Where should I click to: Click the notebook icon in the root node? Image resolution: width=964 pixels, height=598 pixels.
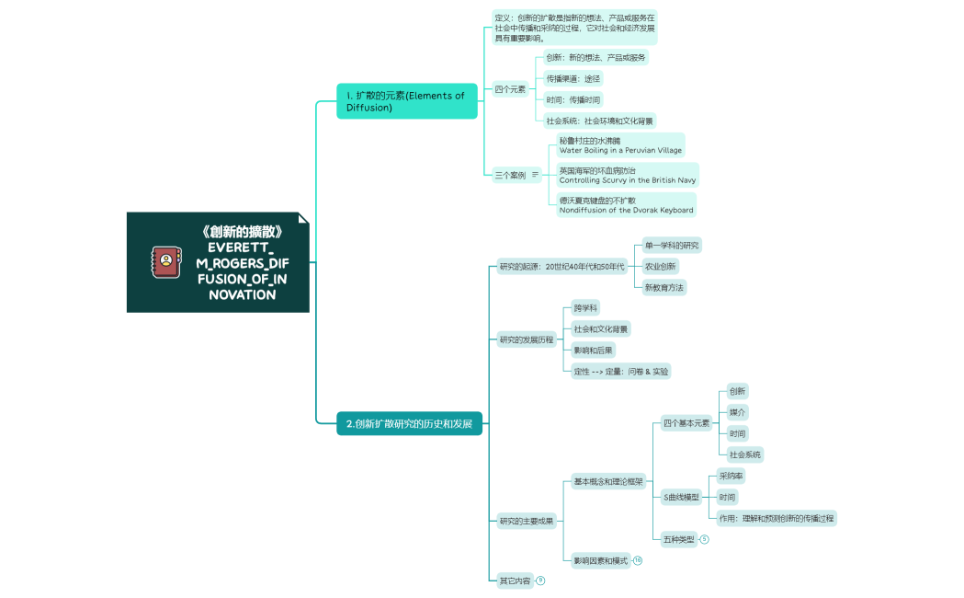pos(165,261)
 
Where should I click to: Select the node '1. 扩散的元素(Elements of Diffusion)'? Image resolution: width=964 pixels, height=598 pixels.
pos(407,101)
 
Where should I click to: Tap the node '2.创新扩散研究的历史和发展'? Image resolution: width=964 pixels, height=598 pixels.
pos(409,424)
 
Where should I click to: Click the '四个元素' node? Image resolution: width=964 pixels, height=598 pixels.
pos(510,89)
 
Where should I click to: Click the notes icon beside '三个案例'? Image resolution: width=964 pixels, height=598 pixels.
pos(536,175)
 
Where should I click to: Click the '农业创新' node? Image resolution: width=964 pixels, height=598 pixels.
pos(660,266)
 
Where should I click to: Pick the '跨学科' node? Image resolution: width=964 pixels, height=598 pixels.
pos(585,308)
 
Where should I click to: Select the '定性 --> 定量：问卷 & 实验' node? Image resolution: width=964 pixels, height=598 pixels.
pos(620,371)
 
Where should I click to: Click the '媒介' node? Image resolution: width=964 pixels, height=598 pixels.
pos(737,412)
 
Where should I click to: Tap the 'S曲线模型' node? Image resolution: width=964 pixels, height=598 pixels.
pos(681,498)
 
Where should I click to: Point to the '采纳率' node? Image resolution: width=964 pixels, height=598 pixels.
pos(732,477)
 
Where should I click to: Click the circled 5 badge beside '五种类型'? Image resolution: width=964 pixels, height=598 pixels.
pos(705,540)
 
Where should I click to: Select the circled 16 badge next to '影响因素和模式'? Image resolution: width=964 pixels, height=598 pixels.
pos(638,560)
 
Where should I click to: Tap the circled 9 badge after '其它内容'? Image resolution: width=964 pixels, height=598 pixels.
pos(540,581)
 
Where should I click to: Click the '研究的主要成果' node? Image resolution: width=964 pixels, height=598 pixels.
pos(527,522)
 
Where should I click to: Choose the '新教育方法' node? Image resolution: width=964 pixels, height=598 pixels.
pos(663,287)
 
